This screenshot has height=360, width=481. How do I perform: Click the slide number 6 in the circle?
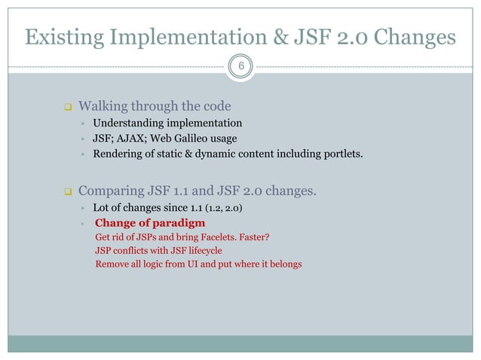240,66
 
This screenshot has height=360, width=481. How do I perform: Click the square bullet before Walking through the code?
66,105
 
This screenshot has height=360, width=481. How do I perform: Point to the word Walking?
103,105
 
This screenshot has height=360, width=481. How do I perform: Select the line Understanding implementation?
167,123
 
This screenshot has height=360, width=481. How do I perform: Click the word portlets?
341,156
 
